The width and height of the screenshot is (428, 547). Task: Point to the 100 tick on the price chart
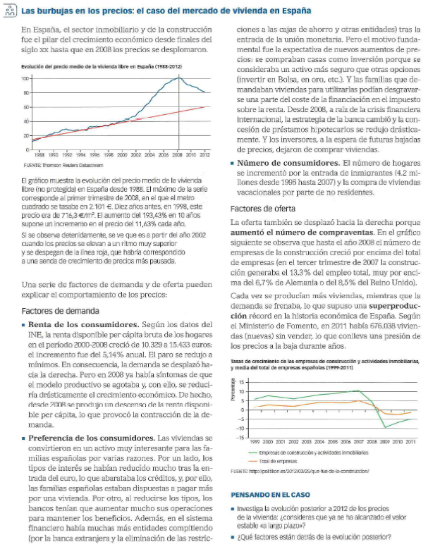click(26, 78)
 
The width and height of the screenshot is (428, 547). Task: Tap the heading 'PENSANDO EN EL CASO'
click(272, 494)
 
